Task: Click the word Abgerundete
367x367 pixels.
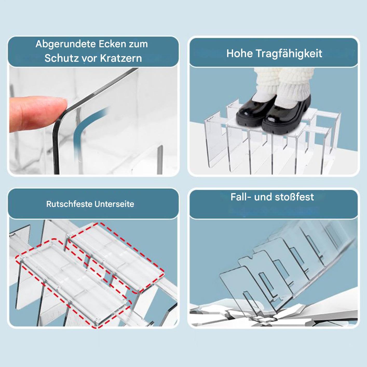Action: click(65, 44)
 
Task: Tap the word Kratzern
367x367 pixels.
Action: click(121, 58)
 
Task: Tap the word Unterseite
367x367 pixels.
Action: click(114, 204)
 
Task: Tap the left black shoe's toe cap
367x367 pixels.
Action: click(246, 115)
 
